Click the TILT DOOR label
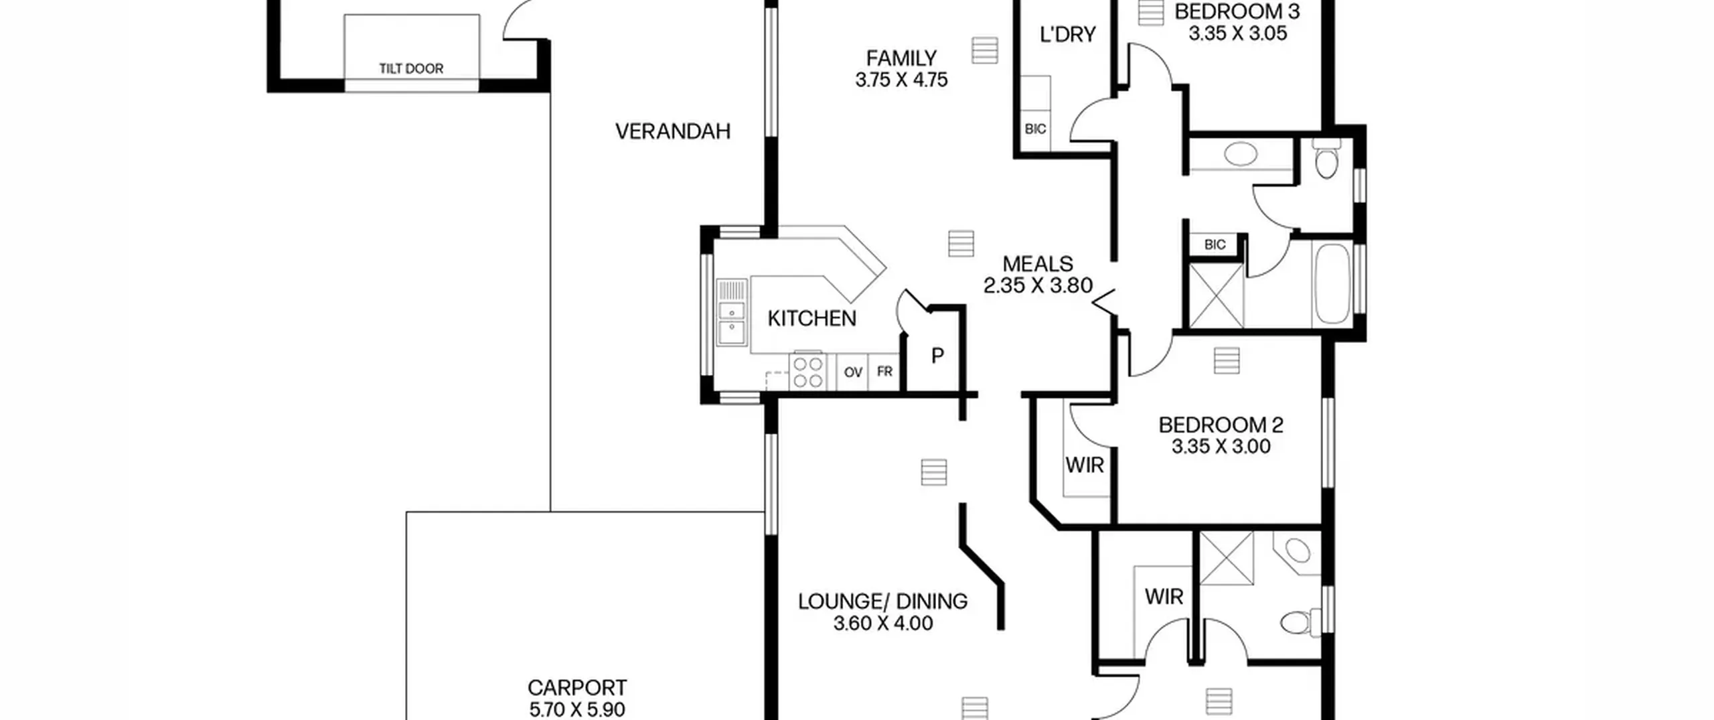pyautogui.click(x=411, y=68)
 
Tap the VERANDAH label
pyautogui.click(x=673, y=131)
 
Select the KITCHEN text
pyautogui.click(x=811, y=319)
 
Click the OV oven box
pyautogui.click(x=852, y=372)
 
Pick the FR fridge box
pyautogui.click(x=884, y=372)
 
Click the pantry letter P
pyautogui.click(x=937, y=356)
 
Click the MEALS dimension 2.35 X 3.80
pyautogui.click(x=1038, y=285)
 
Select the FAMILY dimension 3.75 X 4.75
pyautogui.click(x=901, y=80)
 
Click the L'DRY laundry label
pyautogui.click(x=1068, y=34)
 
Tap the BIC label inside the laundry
pyautogui.click(x=1035, y=129)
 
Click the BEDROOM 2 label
pyautogui.click(x=1221, y=425)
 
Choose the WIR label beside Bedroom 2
pyautogui.click(x=1085, y=465)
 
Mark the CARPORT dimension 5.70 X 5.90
pyautogui.click(x=577, y=709)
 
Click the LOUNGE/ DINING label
pyautogui.click(x=882, y=601)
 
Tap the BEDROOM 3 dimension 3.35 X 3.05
pyautogui.click(x=1237, y=33)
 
